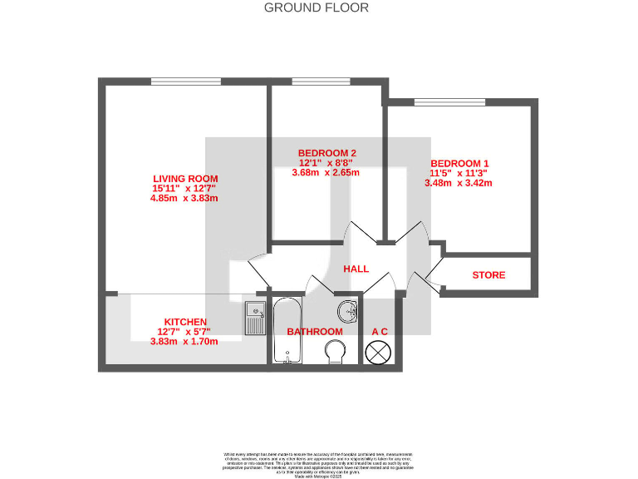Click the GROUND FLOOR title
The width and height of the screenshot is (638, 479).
[316, 7]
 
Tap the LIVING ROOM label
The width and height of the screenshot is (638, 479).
[185, 178]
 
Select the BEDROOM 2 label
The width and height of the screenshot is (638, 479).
[326, 153]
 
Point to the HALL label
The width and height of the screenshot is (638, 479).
[356, 269]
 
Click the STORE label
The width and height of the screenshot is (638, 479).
[488, 275]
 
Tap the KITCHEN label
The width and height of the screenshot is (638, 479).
[185, 322]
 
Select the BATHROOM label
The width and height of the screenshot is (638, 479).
[314, 331]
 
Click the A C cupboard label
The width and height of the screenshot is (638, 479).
[380, 332]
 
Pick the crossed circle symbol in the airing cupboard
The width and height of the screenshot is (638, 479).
[379, 352]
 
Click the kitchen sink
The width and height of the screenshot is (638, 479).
[255, 318]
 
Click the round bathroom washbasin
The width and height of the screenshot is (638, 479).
[348, 312]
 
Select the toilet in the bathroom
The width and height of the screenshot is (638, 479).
[334, 350]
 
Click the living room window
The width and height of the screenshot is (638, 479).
[185, 81]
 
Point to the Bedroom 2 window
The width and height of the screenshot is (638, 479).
[309, 81]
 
